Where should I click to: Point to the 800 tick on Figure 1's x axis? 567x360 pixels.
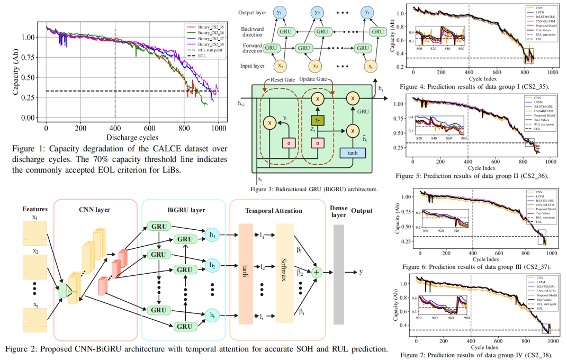(x=184, y=128)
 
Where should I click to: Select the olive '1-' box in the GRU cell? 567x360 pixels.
(x=317, y=121)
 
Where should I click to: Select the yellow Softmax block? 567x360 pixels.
(x=284, y=272)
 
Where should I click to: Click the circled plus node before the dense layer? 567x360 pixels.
(x=317, y=272)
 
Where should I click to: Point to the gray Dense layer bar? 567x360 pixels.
(x=338, y=272)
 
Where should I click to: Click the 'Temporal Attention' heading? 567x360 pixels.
(x=274, y=211)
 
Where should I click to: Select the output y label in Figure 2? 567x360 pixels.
(x=361, y=272)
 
